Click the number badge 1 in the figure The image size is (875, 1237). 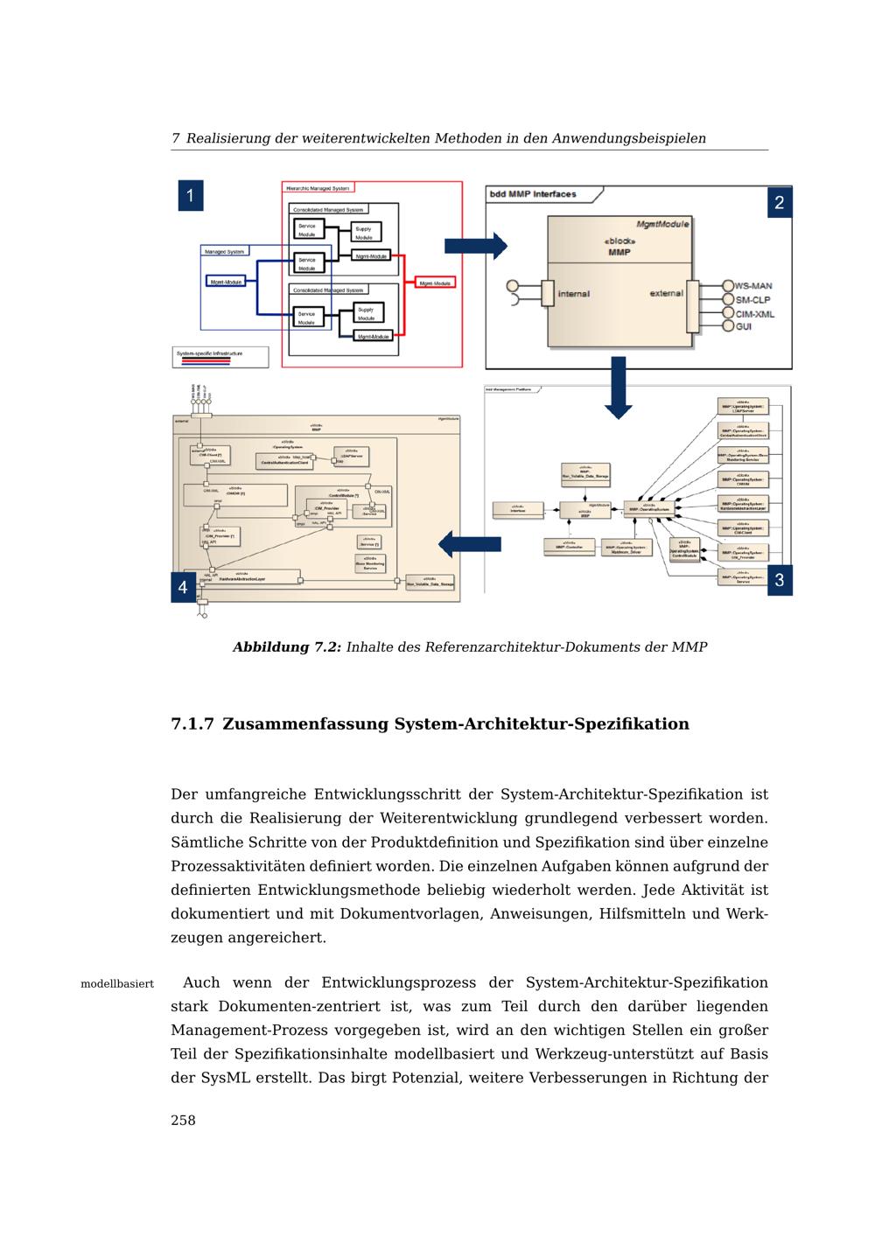191,195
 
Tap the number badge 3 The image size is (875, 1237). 780,580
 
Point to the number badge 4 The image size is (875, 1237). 183,587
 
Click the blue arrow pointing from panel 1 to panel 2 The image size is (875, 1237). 475,246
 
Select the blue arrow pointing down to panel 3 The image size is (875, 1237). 619,387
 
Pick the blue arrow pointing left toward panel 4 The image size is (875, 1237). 469,544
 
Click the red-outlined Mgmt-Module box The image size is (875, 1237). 436,283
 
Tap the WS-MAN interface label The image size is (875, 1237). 753,286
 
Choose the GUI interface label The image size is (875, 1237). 744,326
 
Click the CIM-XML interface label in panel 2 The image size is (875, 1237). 754,313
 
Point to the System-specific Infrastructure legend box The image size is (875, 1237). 220,357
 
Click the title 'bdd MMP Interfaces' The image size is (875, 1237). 533,194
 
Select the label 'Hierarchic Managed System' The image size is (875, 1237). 318,188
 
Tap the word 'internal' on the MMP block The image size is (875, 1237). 573,294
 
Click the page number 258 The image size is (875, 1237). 183,1121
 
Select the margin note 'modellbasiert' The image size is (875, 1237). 117,984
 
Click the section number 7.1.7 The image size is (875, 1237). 192,724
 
